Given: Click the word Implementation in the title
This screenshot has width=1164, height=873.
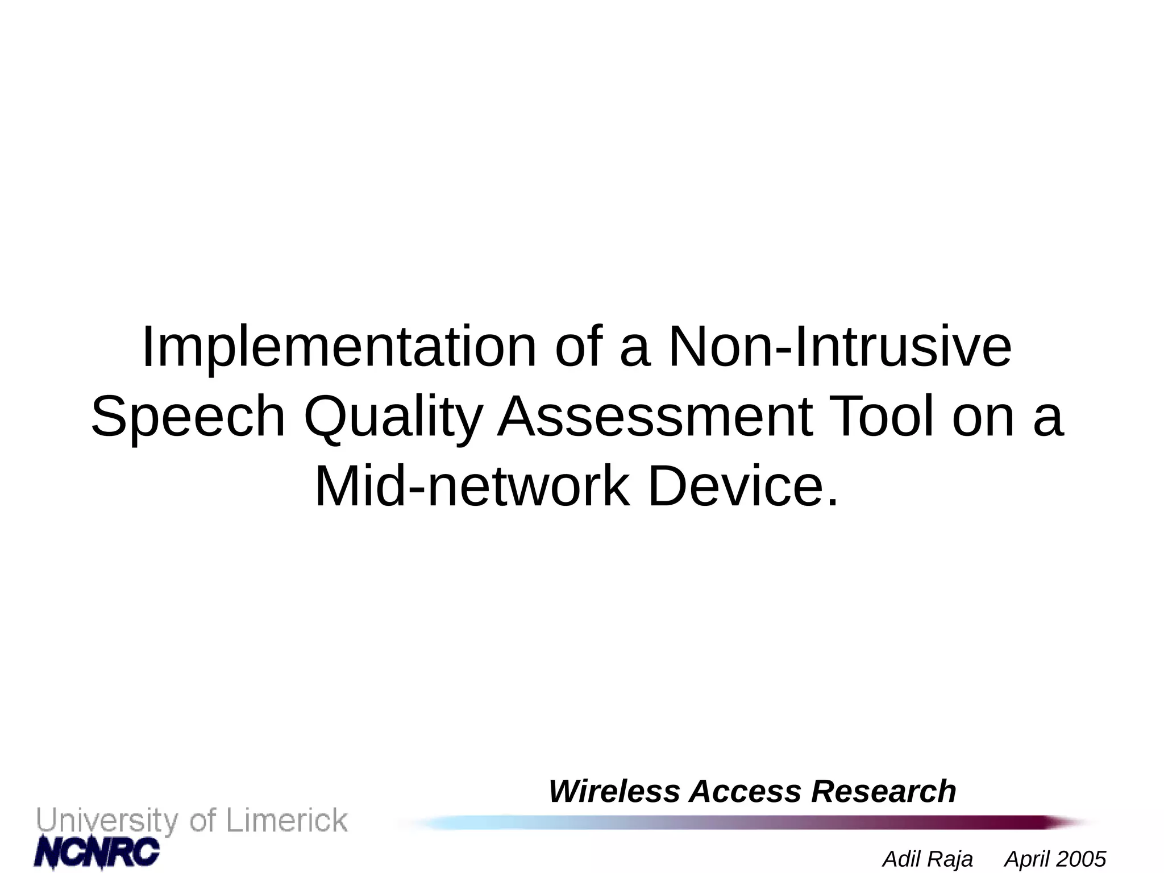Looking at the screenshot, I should pyautogui.click(x=339, y=348).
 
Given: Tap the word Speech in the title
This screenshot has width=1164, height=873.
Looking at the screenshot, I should pyautogui.click(x=188, y=417).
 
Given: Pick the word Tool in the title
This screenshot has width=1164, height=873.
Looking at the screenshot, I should pyautogui.click(x=882, y=417).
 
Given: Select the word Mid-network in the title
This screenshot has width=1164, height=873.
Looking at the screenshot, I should pyautogui.click(x=472, y=487).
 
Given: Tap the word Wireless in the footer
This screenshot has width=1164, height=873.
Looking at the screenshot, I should pyautogui.click(x=614, y=791).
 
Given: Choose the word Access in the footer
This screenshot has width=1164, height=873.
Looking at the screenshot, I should pyautogui.click(x=745, y=791).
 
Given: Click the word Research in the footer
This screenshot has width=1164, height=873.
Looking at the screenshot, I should pyautogui.click(x=883, y=791).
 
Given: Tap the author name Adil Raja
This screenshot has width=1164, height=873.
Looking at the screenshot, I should pyautogui.click(x=928, y=859).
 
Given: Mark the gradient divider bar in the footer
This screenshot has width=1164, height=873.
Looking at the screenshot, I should pyautogui.click(x=739, y=822).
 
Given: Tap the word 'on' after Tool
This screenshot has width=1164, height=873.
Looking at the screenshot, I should pyautogui.click(x=983, y=417).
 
